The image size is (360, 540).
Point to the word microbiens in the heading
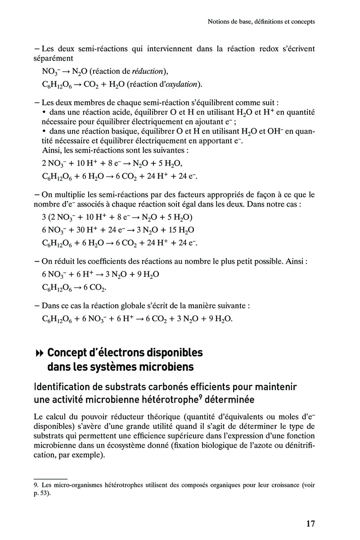coord(167,367)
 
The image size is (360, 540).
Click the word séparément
coord(53,58)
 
